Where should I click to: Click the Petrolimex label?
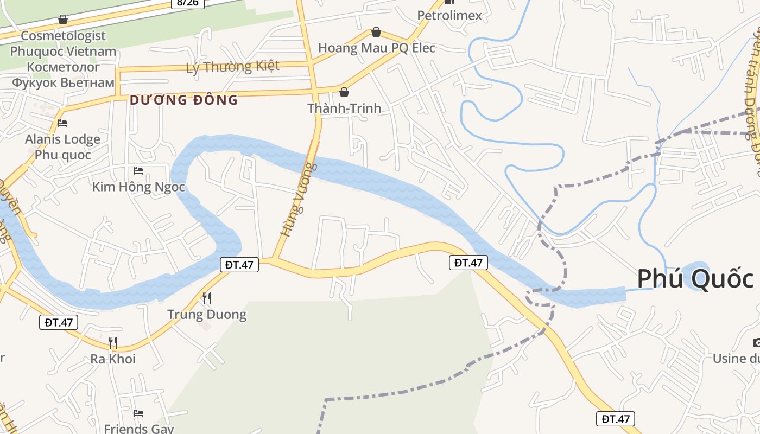[x=449, y=15]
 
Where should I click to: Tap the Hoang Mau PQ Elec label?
[x=376, y=48]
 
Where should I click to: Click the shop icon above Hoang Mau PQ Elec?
[x=376, y=33]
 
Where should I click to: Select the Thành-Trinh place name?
[x=344, y=108]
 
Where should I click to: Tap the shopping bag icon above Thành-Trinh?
[x=344, y=92]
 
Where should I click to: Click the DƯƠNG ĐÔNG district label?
[x=183, y=100]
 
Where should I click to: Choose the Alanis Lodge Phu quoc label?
[x=62, y=147]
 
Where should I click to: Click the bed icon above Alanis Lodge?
[x=62, y=123]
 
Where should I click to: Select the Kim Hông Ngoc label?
[x=138, y=187]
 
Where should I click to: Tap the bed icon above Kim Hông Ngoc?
[x=138, y=171]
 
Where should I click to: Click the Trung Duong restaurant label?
[x=206, y=314]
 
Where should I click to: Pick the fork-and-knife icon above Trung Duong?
[x=206, y=298]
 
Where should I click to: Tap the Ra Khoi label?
[x=113, y=359]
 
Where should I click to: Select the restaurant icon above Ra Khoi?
[x=113, y=342]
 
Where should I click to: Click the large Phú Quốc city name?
[x=695, y=279]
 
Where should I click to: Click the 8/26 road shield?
[x=188, y=3]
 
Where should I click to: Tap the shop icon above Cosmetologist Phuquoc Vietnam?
[x=63, y=20]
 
